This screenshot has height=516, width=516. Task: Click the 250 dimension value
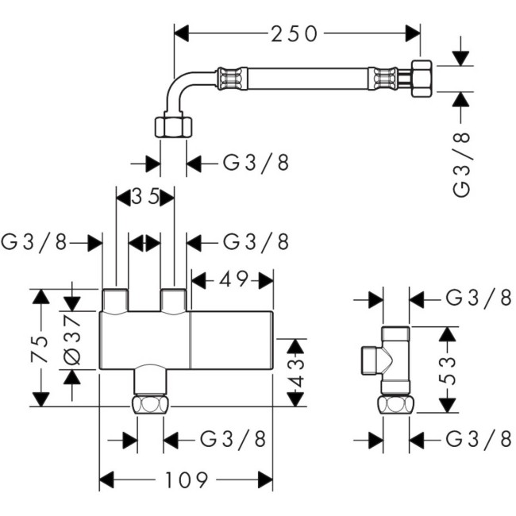point(295,33)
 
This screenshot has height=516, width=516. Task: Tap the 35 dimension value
point(145,196)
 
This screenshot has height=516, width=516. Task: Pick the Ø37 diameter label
point(71,340)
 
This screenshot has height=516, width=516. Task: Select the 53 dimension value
point(449,369)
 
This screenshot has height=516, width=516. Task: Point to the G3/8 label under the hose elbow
point(256,164)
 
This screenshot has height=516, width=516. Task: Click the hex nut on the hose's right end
point(420,79)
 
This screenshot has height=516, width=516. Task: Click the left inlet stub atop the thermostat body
point(116,300)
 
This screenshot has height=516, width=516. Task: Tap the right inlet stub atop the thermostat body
point(174,300)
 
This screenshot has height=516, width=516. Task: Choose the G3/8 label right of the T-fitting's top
point(479,298)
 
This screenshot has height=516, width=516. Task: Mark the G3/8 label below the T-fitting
point(479,437)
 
